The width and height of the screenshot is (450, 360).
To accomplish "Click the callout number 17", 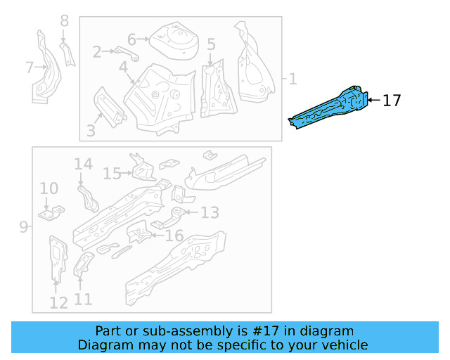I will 392,101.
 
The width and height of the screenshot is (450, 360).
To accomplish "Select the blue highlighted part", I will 330,108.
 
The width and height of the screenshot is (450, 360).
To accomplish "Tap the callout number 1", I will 292,79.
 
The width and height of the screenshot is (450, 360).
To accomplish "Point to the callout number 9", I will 23,226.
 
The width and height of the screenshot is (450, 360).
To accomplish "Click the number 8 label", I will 65,21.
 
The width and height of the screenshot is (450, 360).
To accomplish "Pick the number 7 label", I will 30,67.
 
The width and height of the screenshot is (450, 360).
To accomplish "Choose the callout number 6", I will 131,39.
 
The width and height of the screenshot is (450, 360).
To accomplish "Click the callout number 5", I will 211,45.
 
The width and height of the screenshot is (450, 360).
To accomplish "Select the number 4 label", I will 123,67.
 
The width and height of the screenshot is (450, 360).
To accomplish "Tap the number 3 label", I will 91,130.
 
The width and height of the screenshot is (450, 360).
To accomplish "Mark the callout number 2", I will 98,51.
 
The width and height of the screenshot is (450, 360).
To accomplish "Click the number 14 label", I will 83,164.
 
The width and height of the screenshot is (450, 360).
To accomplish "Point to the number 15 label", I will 112,173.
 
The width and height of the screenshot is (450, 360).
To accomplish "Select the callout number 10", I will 49,188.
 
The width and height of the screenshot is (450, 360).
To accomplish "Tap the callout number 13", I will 210,212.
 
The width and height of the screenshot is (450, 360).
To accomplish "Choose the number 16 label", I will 174,236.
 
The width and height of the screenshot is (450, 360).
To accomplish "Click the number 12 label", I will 58,302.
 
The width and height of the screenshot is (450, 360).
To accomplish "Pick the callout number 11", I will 83,300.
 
